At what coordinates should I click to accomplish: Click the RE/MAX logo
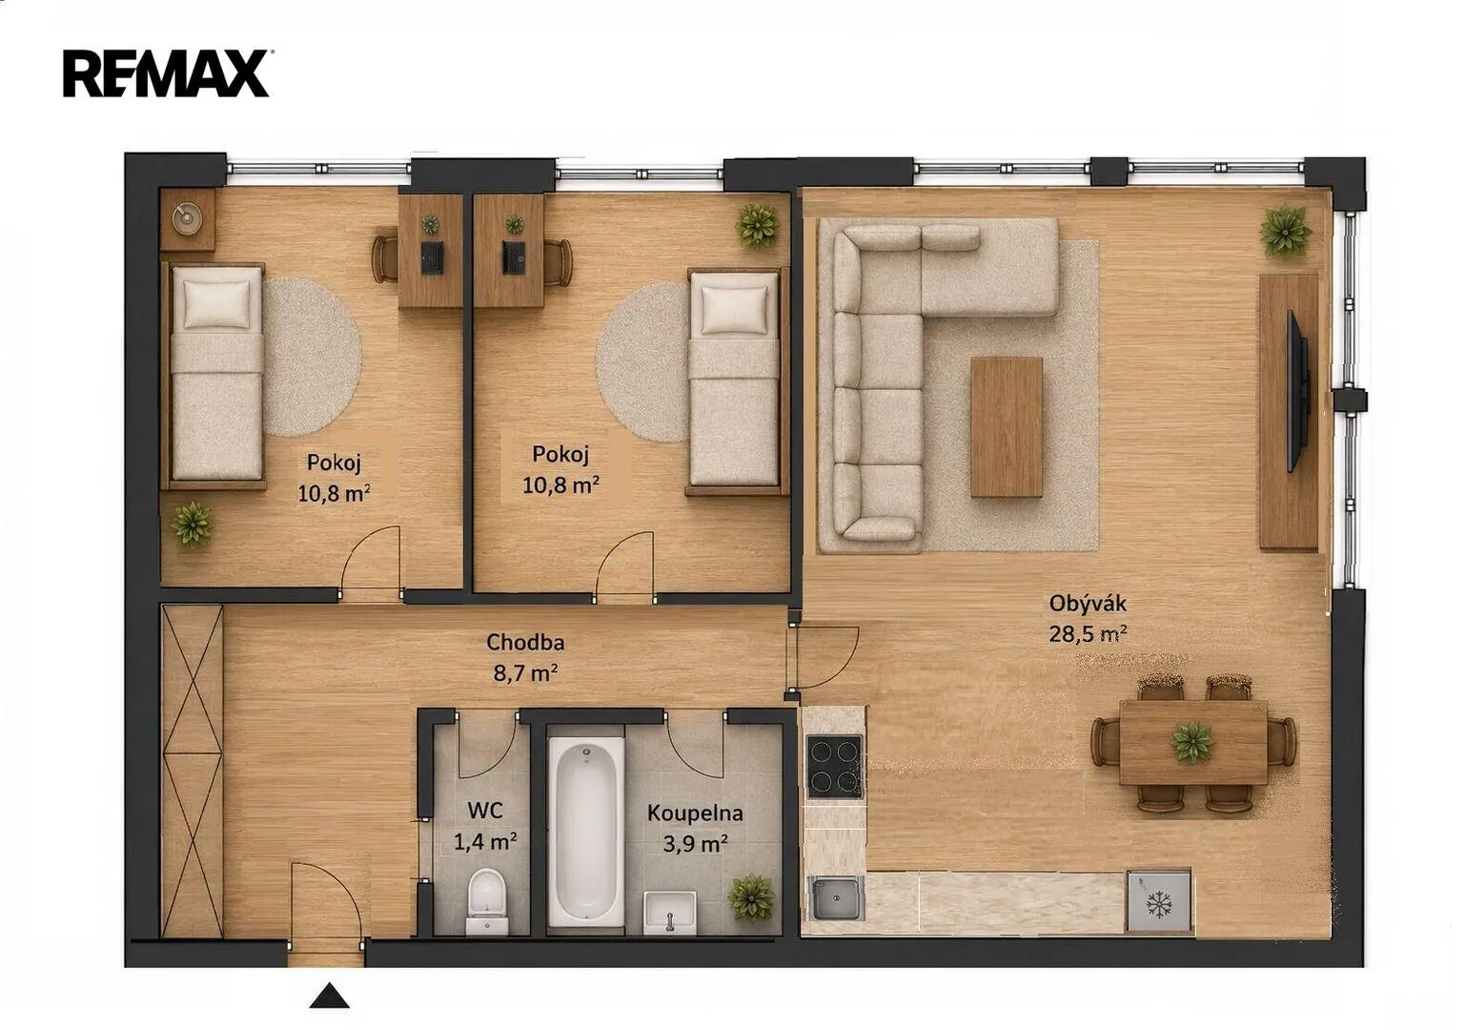[166, 73]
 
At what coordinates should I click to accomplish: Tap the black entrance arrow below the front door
[329, 995]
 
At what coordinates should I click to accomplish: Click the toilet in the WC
[487, 901]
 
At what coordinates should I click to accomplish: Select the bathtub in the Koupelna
[586, 832]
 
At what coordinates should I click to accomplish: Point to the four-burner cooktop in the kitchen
[834, 767]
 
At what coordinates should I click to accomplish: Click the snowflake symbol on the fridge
[1160, 904]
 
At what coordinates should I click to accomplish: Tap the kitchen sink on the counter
[836, 898]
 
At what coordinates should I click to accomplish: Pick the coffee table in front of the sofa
[1007, 427]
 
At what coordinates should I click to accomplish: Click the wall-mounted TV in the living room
[1297, 391]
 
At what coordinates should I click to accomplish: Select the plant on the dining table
[1192, 743]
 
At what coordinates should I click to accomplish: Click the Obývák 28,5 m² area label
[1088, 618]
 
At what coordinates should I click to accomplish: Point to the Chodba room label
[525, 643]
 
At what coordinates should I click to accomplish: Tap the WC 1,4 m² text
[485, 826]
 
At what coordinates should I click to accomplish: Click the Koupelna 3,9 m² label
[695, 829]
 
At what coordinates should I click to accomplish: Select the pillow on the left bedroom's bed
[216, 304]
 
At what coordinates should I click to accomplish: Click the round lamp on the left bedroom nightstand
[188, 218]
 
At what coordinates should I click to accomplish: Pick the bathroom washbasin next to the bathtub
[669, 912]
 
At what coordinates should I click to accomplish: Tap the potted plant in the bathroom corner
[753, 897]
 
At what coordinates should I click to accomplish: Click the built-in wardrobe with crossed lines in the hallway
[192, 770]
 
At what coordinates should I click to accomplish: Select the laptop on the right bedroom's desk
[514, 257]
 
